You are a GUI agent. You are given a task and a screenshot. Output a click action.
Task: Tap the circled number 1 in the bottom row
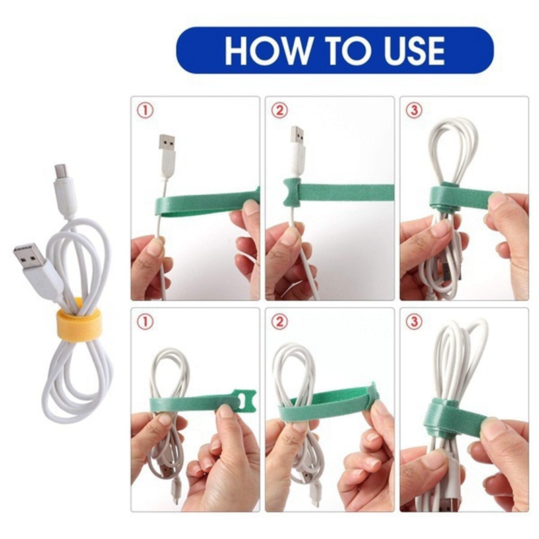(x=144, y=322)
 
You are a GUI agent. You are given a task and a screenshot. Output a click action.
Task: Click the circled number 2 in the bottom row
(x=279, y=322)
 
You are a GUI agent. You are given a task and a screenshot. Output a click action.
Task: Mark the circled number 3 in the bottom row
(x=414, y=322)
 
